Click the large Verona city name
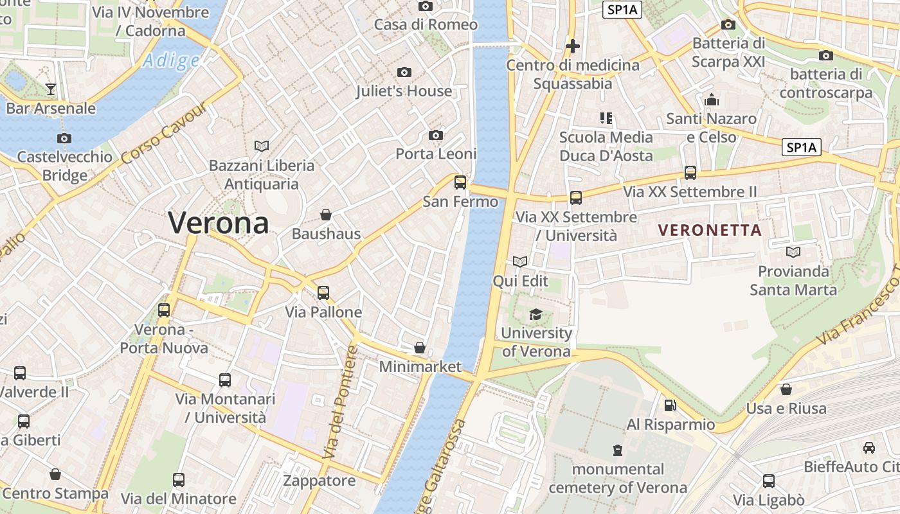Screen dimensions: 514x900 tap(219, 223)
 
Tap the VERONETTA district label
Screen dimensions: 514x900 tap(710, 230)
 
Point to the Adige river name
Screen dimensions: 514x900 tap(171, 61)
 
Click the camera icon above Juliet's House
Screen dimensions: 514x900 tap(404, 72)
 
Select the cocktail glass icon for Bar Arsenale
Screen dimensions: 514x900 tap(51, 89)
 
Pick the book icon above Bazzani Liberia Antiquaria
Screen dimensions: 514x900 tap(262, 146)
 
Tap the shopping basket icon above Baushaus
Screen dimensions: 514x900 tap(326, 214)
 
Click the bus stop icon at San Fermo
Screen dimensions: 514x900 tap(460, 182)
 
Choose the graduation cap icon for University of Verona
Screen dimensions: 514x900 tap(535, 314)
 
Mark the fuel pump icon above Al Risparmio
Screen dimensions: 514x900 tap(670, 405)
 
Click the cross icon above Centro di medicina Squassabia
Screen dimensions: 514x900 tap(572, 46)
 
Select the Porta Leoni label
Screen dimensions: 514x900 tap(436, 154)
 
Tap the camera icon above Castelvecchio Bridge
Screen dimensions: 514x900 tap(64, 138)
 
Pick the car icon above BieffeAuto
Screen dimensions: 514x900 tap(869, 448)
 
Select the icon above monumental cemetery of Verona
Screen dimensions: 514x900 tap(618, 450)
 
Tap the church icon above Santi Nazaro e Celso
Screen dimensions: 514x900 tap(711, 100)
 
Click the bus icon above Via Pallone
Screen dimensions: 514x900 tap(323, 293)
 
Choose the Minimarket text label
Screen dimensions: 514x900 tap(420, 367)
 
